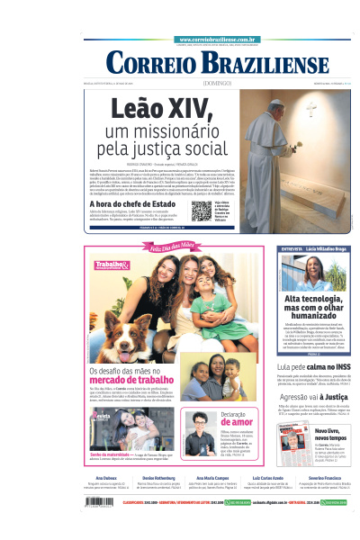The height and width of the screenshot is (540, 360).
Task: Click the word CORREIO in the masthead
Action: click(153, 63)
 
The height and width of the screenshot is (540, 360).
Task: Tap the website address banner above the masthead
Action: click(219, 40)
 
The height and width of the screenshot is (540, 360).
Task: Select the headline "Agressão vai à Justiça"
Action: click(310, 396)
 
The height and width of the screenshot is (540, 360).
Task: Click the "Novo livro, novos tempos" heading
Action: click(328, 437)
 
